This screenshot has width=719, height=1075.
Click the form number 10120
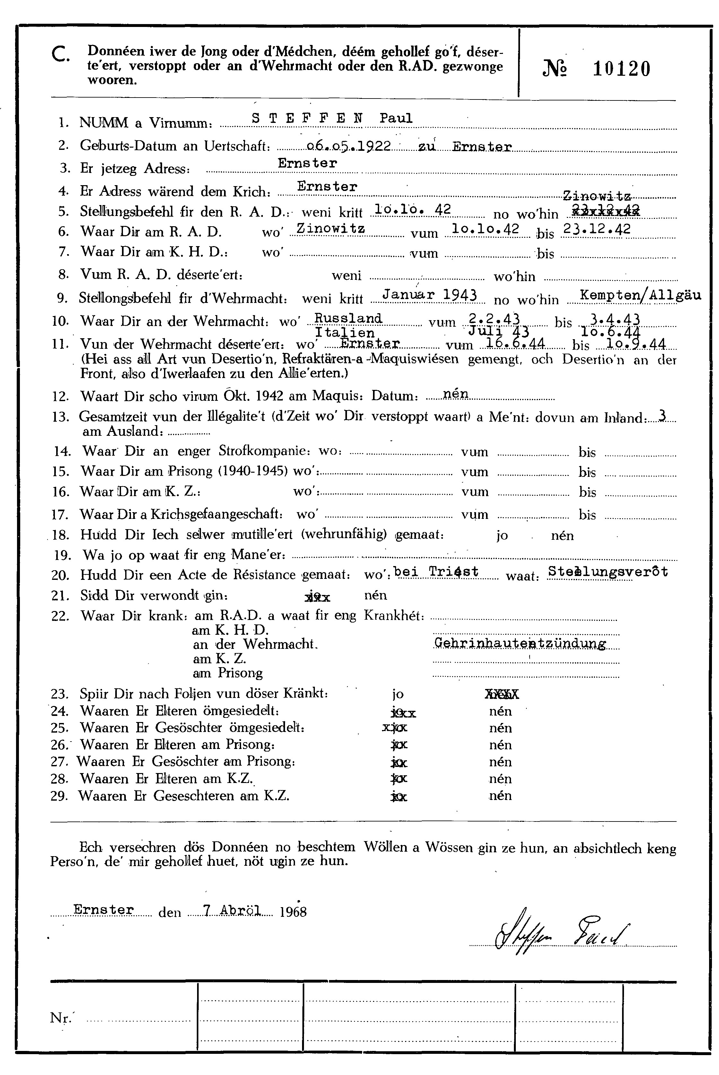pyautogui.click(x=621, y=69)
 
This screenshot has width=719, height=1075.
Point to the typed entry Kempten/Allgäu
pyautogui.click(x=640, y=295)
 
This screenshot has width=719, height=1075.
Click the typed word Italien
pyautogui.click(x=344, y=332)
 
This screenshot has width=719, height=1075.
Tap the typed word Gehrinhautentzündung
pyautogui.click(x=520, y=644)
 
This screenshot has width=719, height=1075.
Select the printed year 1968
pyautogui.click(x=292, y=912)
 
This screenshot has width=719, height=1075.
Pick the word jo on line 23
pyautogui.click(x=398, y=694)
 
